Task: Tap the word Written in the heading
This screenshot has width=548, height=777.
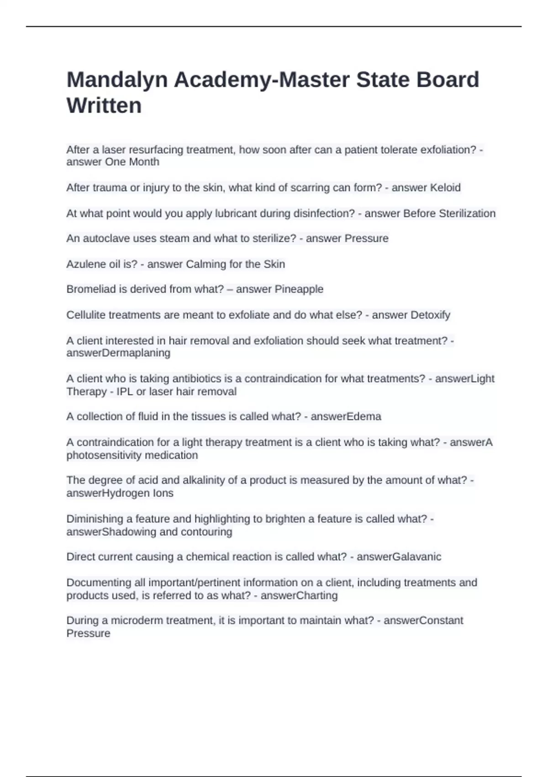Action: [104, 106]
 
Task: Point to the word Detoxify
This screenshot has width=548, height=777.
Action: [430, 315]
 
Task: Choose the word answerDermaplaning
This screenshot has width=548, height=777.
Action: [118, 353]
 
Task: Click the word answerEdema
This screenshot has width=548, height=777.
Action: [346, 416]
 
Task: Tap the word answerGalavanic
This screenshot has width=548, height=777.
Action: [399, 557]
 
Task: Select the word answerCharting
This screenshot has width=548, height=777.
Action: [299, 596]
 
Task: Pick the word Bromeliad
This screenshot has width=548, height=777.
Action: [88, 289]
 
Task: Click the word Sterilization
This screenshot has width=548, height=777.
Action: [467, 213]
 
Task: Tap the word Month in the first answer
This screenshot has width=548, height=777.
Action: [144, 162]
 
